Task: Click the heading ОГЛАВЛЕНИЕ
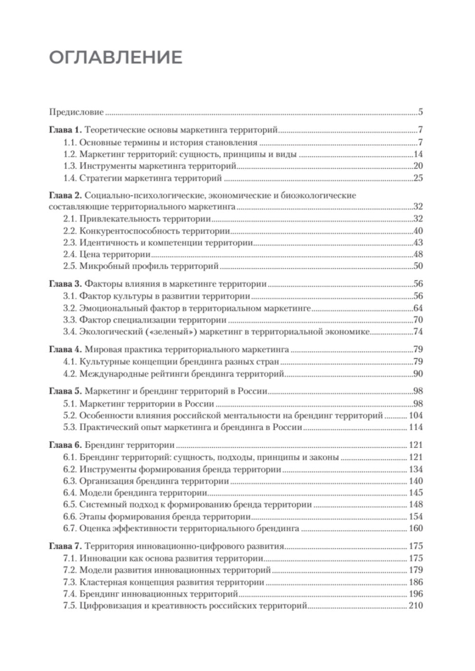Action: point(115,57)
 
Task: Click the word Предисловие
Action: point(76,113)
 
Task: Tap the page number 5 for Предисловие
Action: point(421,113)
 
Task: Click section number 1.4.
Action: point(70,179)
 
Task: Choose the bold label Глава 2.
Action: point(66,196)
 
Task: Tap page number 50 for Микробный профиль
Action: point(418,266)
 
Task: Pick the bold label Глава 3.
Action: point(66,284)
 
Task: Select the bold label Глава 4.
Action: point(66,350)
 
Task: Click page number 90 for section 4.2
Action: point(418,374)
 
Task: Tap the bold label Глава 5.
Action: point(66,392)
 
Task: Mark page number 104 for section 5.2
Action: point(416,416)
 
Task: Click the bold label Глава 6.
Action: point(66,445)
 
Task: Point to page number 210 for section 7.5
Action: point(416,605)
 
